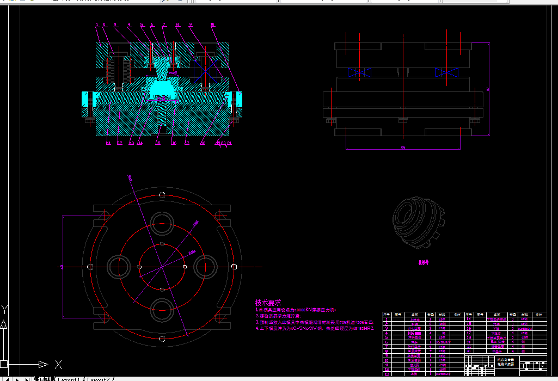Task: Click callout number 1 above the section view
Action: tap(97, 24)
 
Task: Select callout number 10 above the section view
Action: tap(213, 24)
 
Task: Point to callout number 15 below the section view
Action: tap(157, 144)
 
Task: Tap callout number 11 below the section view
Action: tap(108, 144)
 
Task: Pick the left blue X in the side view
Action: tap(360, 72)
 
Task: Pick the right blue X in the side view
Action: tap(446, 72)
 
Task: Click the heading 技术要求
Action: tap(268, 303)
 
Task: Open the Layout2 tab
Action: tap(100, 378)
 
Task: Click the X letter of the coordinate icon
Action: tap(58, 364)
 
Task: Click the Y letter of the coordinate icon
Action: tap(5, 310)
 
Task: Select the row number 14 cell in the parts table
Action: tap(469, 319)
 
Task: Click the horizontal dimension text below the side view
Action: tap(403, 148)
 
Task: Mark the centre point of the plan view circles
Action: tap(162, 267)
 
